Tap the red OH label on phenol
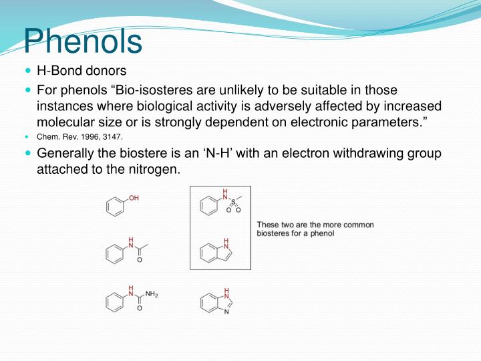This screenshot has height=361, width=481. (x=134, y=199)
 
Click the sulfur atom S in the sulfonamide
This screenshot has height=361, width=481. (x=233, y=201)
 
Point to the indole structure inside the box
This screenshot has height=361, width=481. (x=215, y=251)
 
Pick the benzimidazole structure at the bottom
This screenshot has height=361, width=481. (x=216, y=303)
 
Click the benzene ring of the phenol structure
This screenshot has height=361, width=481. (x=114, y=207)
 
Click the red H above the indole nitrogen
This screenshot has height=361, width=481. (x=226, y=241)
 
